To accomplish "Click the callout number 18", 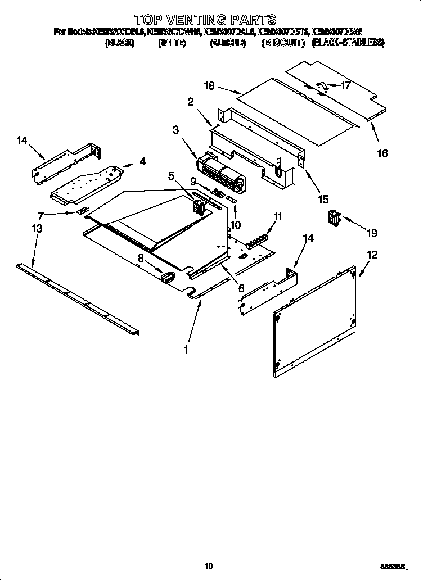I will tap(209, 86).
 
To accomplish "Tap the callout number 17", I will tap(345, 86).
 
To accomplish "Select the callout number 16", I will tap(382, 153).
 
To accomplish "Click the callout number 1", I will tap(186, 348).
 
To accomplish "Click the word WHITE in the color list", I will tap(172, 43).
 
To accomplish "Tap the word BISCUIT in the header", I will tap(283, 43).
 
